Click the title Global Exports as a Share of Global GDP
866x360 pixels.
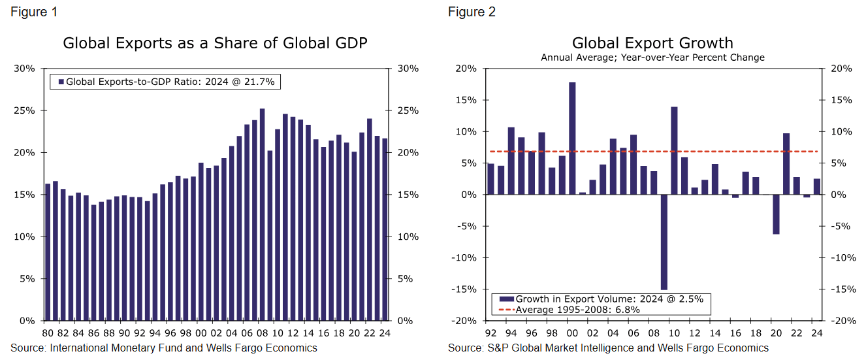coord(215,44)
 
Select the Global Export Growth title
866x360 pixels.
coord(652,43)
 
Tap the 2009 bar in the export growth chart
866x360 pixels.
coord(664,242)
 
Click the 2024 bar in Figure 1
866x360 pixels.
coord(385,229)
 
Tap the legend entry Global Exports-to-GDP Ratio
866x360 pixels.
coord(169,82)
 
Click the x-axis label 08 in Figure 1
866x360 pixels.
coord(263,333)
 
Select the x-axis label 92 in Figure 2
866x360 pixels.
coord(490,333)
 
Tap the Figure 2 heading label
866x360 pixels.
coord(472,12)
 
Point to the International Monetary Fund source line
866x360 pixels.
coord(164,348)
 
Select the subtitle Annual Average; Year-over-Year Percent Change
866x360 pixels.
coord(652,57)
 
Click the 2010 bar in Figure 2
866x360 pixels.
coord(674,150)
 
